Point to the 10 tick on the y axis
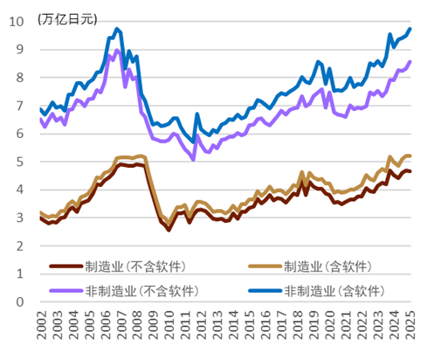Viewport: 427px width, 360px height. click(21, 21)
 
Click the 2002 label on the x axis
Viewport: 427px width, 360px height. click(43, 330)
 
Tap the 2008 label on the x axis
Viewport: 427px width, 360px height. click(139, 330)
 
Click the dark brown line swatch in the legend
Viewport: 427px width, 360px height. click(65, 266)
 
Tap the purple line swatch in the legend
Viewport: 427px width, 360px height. click(65, 290)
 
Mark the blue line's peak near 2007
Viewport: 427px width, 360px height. click(117, 29)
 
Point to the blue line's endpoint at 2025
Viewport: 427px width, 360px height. click(410, 29)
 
